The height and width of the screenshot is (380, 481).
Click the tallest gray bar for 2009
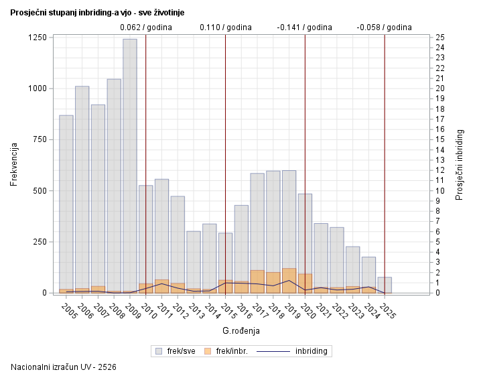point(129,161)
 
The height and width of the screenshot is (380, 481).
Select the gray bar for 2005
point(66,201)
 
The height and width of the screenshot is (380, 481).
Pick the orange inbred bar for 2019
point(289,281)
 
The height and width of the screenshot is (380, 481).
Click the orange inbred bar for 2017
point(257,281)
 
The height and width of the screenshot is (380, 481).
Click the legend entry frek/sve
point(175,351)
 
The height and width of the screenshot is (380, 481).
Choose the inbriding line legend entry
point(299,351)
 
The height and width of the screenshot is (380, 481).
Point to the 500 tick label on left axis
point(38,190)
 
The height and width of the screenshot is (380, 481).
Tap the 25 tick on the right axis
point(439,38)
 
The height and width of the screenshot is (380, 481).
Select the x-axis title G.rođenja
point(240,330)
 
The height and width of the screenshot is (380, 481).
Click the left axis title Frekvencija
point(14,165)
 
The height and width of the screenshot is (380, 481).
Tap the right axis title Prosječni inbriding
point(460,165)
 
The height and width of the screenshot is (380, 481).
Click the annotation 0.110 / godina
point(226,27)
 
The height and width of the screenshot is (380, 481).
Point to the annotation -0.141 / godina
point(304,27)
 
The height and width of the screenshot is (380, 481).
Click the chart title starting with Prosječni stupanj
point(98,12)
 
